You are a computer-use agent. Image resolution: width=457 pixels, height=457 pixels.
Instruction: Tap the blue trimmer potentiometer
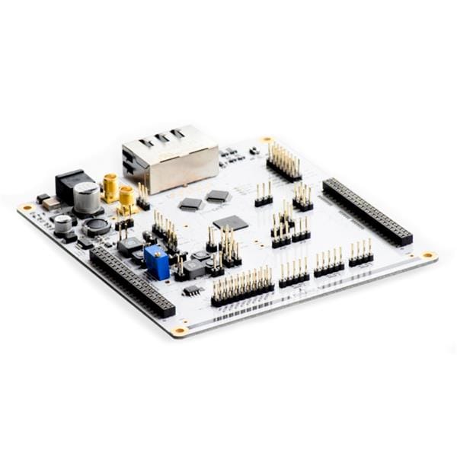point(157,264)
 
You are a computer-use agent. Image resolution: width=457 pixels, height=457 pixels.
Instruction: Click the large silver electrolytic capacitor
point(87,198)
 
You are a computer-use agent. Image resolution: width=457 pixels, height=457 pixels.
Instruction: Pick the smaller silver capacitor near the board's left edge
point(63,224)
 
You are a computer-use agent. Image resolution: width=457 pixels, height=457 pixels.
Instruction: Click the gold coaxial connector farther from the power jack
point(126,198)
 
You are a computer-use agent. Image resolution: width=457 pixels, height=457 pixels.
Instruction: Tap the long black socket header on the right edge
point(367,211)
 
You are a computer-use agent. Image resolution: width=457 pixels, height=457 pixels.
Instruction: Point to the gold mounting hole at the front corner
point(180,331)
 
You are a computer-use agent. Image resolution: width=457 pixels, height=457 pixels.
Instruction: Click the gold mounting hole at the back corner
point(267,139)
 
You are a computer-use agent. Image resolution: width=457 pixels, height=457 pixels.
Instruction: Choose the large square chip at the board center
point(231,222)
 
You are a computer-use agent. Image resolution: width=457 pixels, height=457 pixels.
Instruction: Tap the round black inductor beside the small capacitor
point(97,226)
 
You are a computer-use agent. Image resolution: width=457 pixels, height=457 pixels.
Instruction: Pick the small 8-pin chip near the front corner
point(193,290)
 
